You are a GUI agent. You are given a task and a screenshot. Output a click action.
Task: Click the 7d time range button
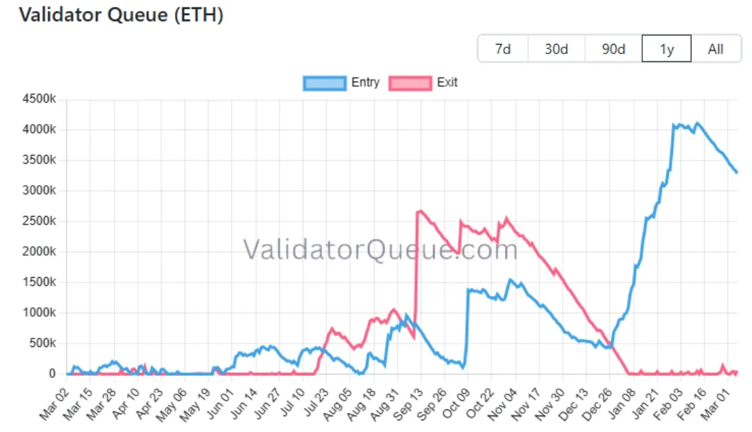(x=503, y=49)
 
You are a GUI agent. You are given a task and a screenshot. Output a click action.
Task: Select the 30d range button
(x=556, y=49)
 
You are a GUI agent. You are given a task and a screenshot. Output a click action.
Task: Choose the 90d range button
(x=613, y=49)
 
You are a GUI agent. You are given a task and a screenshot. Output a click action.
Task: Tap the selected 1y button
(x=666, y=49)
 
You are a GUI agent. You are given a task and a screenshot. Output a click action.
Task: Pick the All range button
(x=716, y=49)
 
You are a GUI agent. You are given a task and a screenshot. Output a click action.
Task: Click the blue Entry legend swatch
(x=324, y=83)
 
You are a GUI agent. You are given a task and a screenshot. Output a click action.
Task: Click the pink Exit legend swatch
(x=410, y=83)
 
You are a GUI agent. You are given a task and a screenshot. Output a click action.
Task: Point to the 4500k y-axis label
(x=39, y=99)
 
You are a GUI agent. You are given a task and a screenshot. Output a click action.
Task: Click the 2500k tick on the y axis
(x=39, y=221)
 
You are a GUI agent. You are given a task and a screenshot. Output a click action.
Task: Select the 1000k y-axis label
(x=39, y=313)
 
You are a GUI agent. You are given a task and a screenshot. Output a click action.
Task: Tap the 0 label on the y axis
(x=52, y=374)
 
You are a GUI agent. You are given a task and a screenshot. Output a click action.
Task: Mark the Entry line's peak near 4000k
(x=698, y=123)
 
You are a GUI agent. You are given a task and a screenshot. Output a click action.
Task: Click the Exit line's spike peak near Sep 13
(x=421, y=211)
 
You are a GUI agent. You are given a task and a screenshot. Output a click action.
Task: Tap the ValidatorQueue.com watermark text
(x=381, y=250)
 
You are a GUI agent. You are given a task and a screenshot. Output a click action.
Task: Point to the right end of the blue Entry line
(x=737, y=172)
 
